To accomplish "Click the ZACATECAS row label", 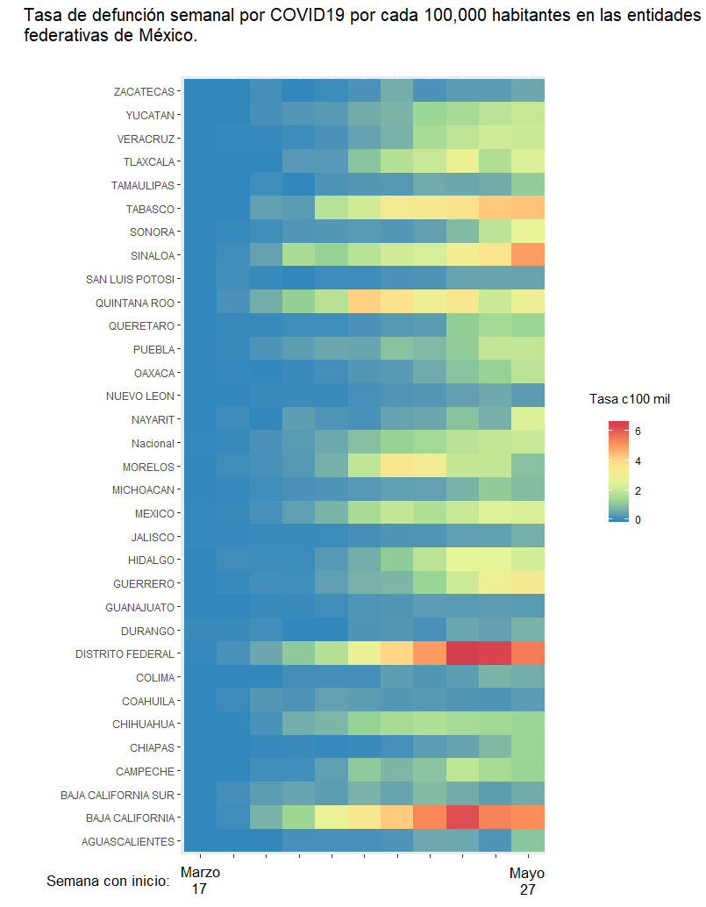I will tap(144, 91).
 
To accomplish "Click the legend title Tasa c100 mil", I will tap(629, 399).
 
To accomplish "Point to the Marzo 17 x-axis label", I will tap(200, 881).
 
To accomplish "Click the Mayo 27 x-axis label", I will tap(527, 881).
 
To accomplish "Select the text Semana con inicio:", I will tap(107, 881).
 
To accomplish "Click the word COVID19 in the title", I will tap(308, 16).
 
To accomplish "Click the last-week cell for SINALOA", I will tap(528, 255).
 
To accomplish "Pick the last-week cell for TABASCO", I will tap(528, 209).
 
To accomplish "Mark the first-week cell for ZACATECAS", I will tap(200, 91).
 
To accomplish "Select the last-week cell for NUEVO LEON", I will tap(528, 396).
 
